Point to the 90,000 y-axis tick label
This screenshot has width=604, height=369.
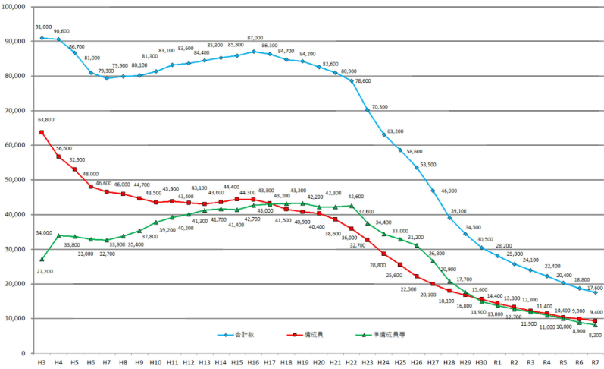[14, 41]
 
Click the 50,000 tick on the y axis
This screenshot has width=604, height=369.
[14, 180]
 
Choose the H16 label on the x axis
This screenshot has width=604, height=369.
[254, 362]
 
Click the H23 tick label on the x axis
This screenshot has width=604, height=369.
[368, 362]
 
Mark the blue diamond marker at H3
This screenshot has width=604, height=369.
[42, 38]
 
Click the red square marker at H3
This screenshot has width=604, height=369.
[42, 132]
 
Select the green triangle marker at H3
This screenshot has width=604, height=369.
[42, 259]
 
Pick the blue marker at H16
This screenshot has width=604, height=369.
[254, 52]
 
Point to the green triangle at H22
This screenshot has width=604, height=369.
[352, 205]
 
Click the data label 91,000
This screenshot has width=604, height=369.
[44, 27]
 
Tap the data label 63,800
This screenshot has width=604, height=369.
[44, 120]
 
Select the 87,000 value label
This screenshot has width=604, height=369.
[255, 38]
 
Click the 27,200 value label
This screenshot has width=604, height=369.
[44, 271]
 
